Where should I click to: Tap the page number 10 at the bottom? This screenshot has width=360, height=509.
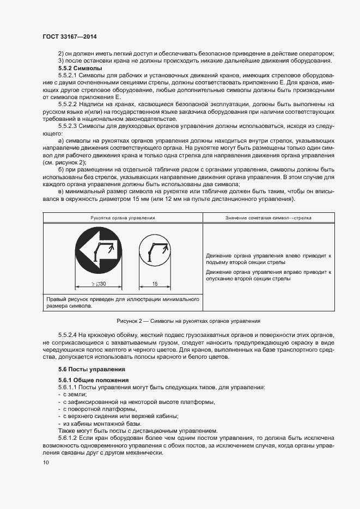pos(46,462)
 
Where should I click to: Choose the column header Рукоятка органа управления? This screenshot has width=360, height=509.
pos(123,217)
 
